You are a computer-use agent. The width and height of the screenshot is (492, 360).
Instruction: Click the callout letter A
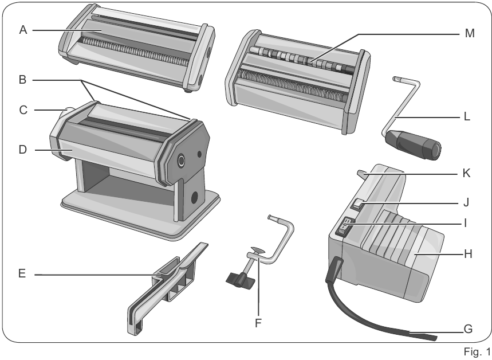23,30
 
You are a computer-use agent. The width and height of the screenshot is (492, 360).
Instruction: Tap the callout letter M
470,34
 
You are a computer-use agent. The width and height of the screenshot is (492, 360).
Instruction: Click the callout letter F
258,323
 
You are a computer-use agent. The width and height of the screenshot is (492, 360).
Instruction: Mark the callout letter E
23,274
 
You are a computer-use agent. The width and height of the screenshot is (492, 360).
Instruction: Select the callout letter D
23,150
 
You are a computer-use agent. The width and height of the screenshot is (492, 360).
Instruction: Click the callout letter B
23,80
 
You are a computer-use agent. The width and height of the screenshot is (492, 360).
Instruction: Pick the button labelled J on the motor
357,202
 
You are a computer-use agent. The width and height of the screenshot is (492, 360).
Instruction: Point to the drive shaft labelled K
360,174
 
